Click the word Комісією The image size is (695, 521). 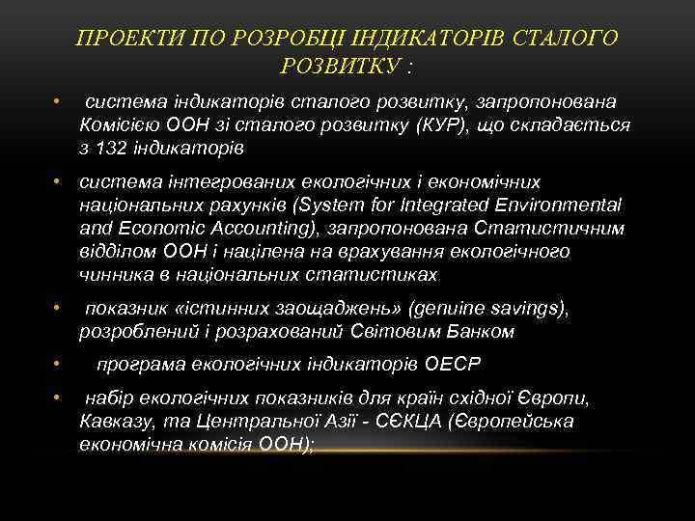(117, 125)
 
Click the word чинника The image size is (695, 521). (111, 274)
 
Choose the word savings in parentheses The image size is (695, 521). (529, 309)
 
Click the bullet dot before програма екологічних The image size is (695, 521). (58, 366)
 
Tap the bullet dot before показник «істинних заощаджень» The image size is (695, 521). (58, 309)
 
